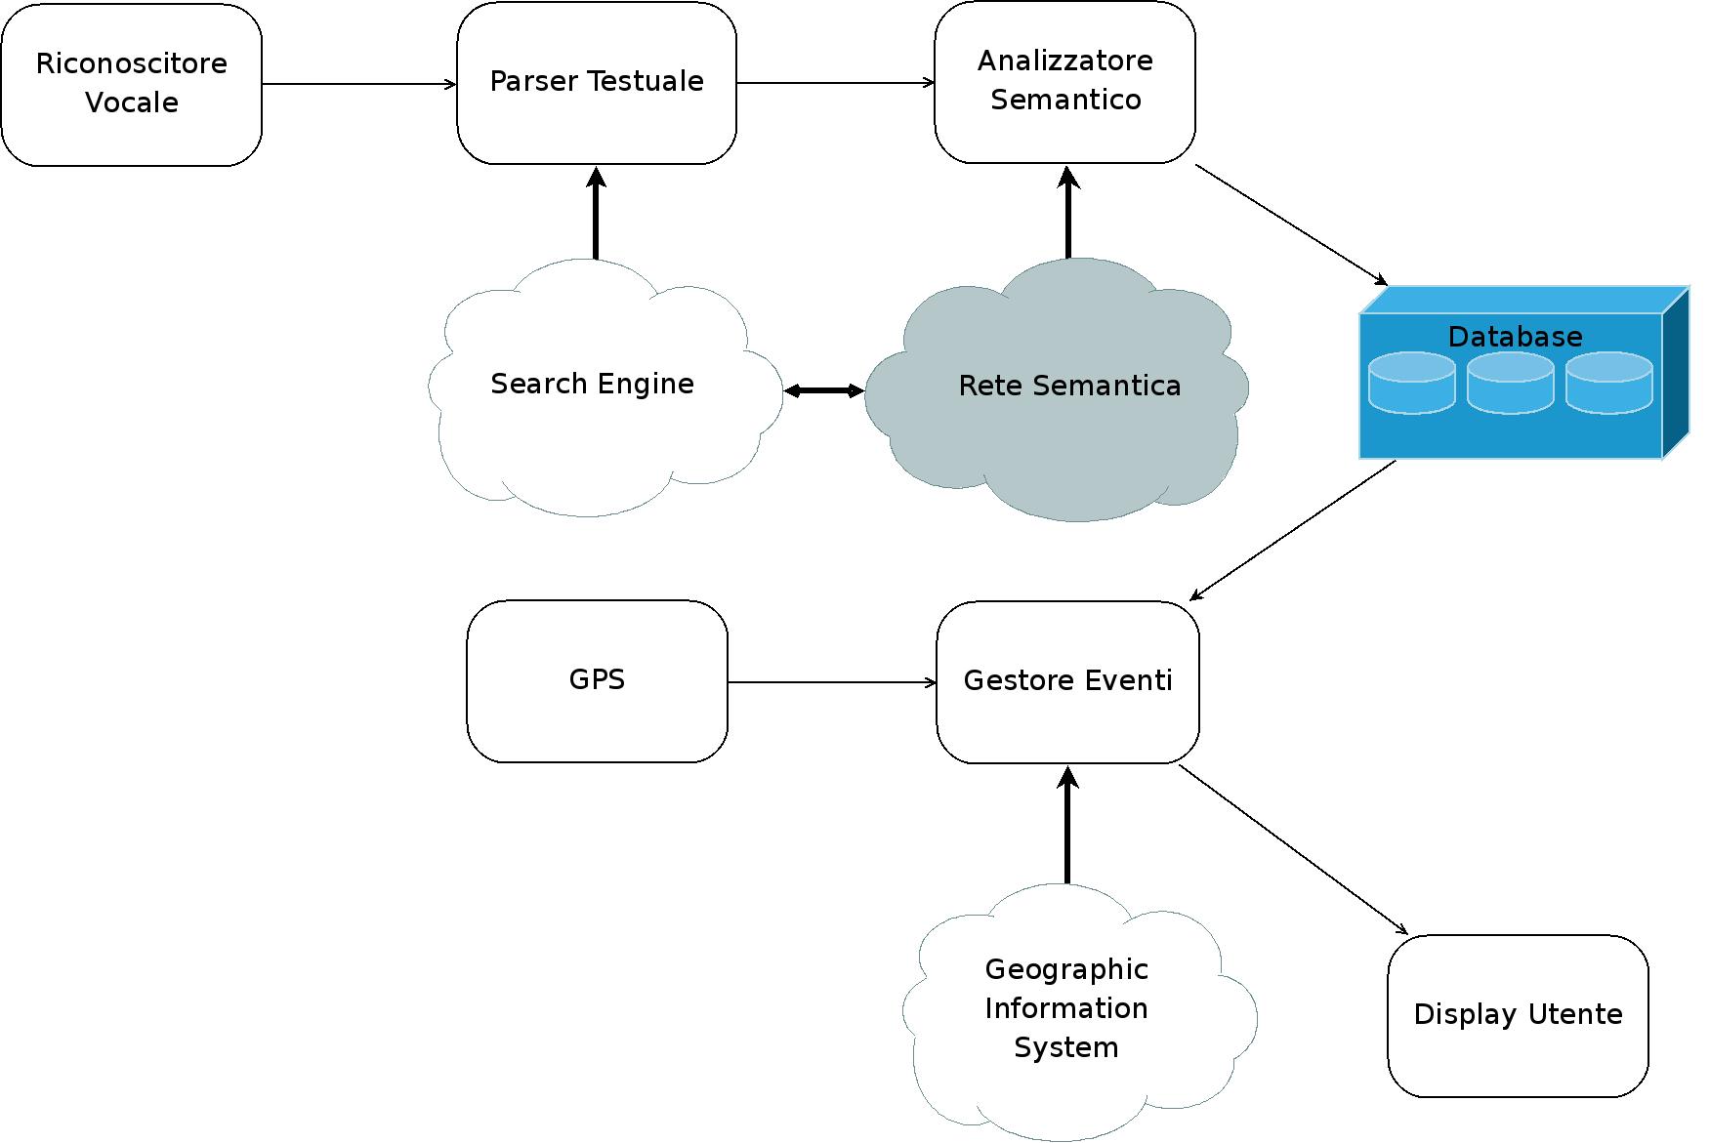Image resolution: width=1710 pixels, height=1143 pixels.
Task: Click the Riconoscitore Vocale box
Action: pyautogui.click(x=132, y=84)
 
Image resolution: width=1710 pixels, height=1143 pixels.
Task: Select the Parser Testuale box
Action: pyautogui.click(x=597, y=82)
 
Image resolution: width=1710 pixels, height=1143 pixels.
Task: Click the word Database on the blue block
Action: pyautogui.click(x=1515, y=337)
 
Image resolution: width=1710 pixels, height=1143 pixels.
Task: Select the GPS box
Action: pyautogui.click(x=597, y=680)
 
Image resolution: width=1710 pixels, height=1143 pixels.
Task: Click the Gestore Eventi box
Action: pyautogui.click(x=1067, y=681)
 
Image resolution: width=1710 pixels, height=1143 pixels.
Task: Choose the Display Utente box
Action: pyautogui.click(x=1518, y=1015)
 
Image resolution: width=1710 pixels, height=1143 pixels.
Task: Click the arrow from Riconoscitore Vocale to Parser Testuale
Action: pyautogui.click(x=358, y=84)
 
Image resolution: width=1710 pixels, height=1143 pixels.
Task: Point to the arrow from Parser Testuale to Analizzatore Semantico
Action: pyautogui.click(x=835, y=83)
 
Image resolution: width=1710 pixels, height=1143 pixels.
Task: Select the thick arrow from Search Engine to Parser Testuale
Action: pyautogui.click(x=596, y=215)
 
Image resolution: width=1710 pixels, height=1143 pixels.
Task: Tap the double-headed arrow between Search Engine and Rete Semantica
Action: pyautogui.click(x=824, y=391)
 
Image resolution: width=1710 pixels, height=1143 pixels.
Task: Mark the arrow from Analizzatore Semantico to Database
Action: pyautogui.click(x=1291, y=225)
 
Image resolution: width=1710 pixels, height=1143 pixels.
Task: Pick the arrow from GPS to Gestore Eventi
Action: pyautogui.click(x=831, y=682)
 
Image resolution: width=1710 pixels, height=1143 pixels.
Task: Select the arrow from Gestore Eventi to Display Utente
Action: pyautogui.click(x=1293, y=849)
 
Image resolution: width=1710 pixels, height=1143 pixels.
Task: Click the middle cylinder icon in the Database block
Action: pyautogui.click(x=1511, y=383)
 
